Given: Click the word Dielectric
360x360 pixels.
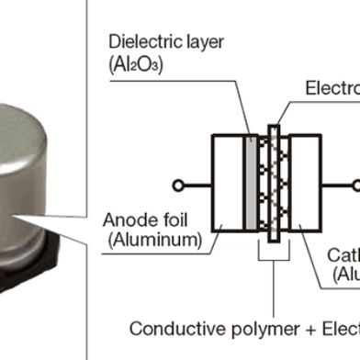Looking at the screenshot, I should [139, 42].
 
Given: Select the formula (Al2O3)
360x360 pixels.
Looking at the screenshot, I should [136, 66].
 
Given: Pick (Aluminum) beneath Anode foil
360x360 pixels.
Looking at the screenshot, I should [152, 242].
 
